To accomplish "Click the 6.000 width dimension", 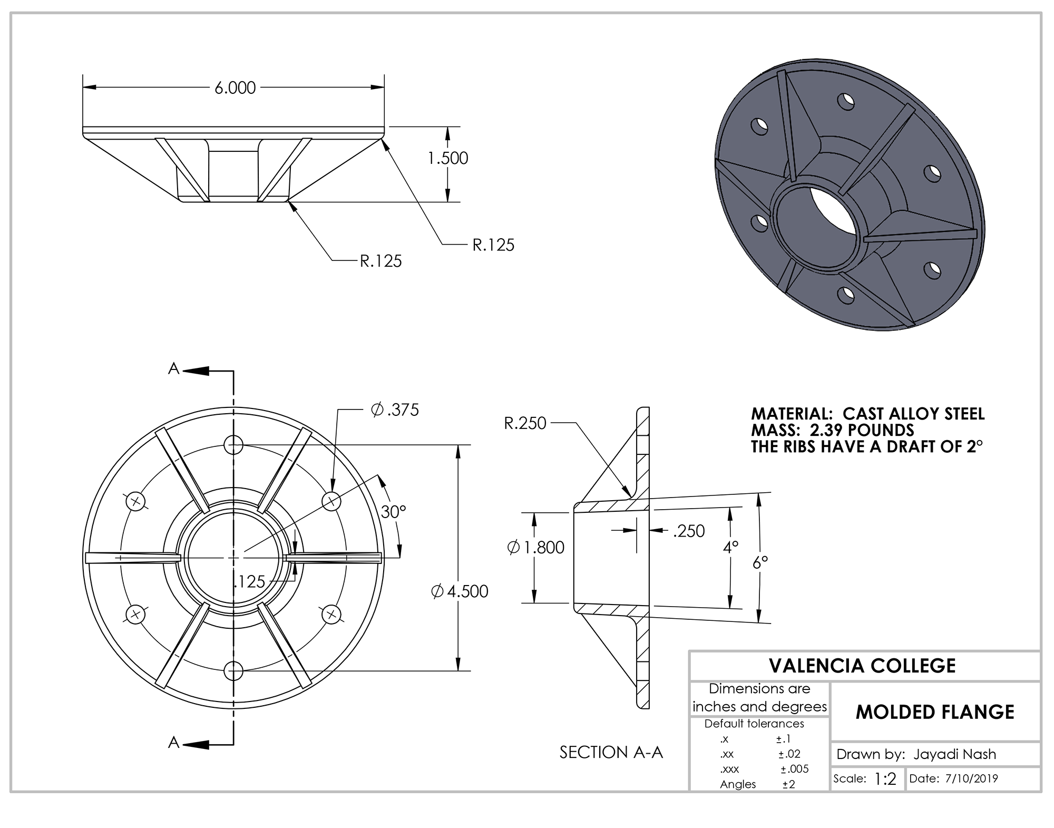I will pos(235,87).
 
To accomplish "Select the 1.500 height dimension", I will pos(447,158).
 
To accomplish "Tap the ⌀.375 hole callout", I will pos(395,410).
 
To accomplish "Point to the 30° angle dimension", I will pos(393,511).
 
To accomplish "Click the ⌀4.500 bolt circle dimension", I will pos(460,591).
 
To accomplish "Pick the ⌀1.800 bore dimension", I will pos(535,548).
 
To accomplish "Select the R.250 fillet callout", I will pos(525,423).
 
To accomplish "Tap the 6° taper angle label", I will pos(760,563).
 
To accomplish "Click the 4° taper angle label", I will pos(730,548).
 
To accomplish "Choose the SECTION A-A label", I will pos(611,752).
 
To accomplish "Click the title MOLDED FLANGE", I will pos(935,712).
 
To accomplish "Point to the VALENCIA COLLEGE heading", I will pos(862,666).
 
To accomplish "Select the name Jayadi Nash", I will pos(954,754).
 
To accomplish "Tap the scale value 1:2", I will pos(885,779).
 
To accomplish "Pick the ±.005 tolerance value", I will pos(794,769).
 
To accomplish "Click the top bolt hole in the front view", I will pos(233,445).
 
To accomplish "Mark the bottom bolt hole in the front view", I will pos(233,671).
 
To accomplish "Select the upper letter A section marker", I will pos(173,369).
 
